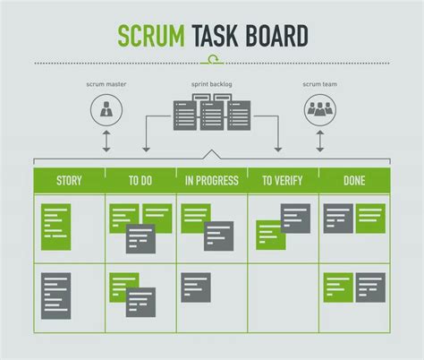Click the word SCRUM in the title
pyautogui.click(x=151, y=36)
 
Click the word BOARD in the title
pyautogui.click(x=277, y=36)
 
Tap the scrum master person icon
pyautogui.click(x=106, y=110)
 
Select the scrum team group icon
pyautogui.click(x=320, y=110)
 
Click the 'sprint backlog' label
pyautogui.click(x=212, y=84)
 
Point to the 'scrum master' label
pyautogui.click(x=106, y=84)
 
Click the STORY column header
pyautogui.click(x=69, y=181)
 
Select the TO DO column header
pyautogui.click(x=140, y=181)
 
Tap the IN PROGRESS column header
pyautogui.click(x=212, y=181)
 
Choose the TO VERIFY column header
pyautogui.click(x=283, y=181)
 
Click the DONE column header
pyautogui.click(x=354, y=181)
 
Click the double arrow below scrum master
pyautogui.click(x=106, y=141)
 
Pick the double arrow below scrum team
pyautogui.click(x=320, y=141)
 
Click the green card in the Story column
pyautogui.click(x=56, y=227)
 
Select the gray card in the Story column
pyautogui.click(x=56, y=296)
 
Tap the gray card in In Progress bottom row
pyautogui.click(x=196, y=287)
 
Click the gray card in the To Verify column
pyautogui.click(x=295, y=219)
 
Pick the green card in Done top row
pyautogui.click(x=370, y=219)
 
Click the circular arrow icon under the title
pyautogui.click(x=212, y=59)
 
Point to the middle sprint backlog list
pyautogui.click(x=212, y=116)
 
